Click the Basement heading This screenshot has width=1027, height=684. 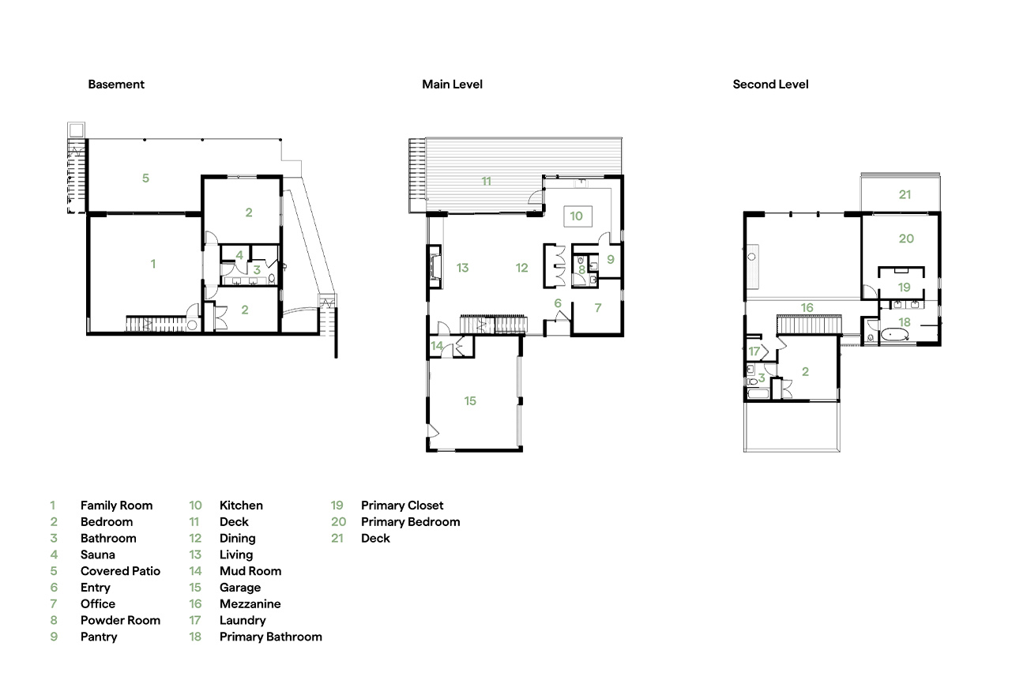point(116,85)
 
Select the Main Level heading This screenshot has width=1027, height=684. point(452,85)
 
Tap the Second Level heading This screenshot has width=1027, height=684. point(770,85)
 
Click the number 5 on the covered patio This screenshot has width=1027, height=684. point(145,178)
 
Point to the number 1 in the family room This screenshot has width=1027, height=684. point(153,264)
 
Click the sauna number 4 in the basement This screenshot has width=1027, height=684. point(239,255)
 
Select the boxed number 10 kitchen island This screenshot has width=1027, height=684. point(577,216)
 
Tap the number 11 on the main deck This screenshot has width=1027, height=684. point(487,181)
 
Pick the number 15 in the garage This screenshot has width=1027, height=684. point(470,400)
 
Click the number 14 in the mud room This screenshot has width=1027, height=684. point(436,345)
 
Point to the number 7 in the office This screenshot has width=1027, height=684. point(598,307)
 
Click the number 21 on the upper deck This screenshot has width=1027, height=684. point(905,194)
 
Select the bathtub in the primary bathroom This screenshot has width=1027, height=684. point(894,335)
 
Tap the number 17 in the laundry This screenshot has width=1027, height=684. point(754,351)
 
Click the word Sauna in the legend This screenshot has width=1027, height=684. point(98,554)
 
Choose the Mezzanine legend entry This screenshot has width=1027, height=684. point(250,603)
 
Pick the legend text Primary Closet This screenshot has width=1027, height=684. point(402,505)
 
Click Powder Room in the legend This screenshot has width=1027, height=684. point(120,620)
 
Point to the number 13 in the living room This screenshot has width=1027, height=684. point(462,268)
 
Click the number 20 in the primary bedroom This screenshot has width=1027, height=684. point(906,239)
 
